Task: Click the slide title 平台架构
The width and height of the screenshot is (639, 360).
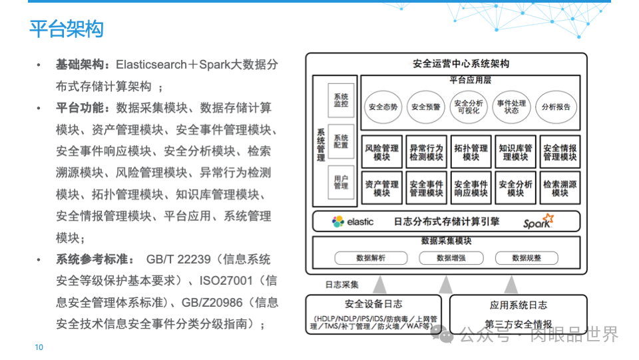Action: [66, 29]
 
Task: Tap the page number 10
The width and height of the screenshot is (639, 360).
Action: [39, 347]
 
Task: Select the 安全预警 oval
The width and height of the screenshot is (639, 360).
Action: [426, 107]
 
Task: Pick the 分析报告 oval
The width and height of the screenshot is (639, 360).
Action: [556, 107]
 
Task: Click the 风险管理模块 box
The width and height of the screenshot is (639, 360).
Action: [382, 152]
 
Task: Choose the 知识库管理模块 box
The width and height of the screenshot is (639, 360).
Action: [515, 152]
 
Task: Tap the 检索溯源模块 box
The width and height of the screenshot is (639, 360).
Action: [560, 189]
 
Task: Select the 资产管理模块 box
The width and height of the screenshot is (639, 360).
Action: [382, 189]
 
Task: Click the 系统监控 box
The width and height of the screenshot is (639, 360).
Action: [341, 100]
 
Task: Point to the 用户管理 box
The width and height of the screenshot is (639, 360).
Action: [341, 182]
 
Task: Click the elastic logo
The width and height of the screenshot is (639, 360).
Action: [352, 222]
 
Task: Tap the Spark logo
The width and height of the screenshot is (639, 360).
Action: [538, 222]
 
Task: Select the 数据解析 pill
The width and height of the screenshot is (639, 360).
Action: [370, 258]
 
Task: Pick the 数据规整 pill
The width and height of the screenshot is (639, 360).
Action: [526, 258]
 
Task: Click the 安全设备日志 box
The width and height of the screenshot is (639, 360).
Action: [373, 313]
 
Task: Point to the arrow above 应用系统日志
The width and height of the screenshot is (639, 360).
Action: [511, 284]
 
